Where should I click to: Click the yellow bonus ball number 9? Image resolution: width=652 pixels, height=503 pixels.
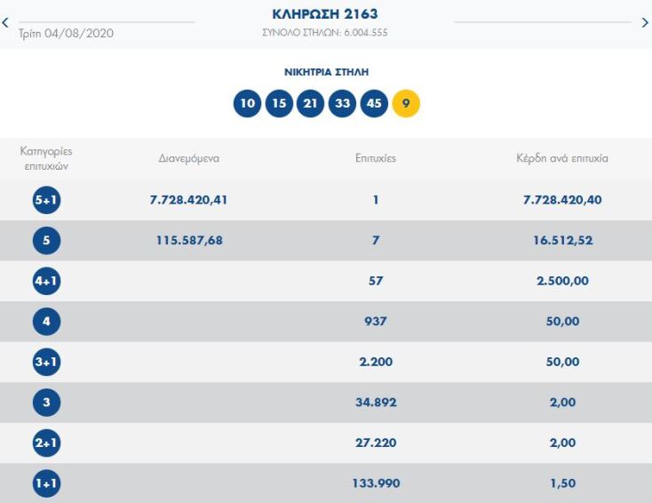point(406,103)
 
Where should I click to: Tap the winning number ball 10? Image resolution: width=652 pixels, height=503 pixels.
point(248,103)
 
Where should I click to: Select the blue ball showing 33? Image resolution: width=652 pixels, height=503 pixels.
point(342,103)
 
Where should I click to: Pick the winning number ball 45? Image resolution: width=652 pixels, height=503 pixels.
point(374,103)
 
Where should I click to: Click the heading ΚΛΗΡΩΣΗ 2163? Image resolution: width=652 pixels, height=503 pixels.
point(325,15)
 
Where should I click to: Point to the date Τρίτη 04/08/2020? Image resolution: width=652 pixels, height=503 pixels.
point(66,33)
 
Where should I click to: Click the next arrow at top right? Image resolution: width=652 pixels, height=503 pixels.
point(645,23)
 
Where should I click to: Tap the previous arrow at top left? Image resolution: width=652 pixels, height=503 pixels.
point(5,23)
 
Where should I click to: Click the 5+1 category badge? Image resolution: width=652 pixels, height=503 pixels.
point(46,200)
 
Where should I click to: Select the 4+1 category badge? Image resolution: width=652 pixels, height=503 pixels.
point(46,281)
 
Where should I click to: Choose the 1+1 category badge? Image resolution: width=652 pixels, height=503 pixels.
point(46,483)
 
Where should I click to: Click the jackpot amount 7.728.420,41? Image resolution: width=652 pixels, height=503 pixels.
point(189,200)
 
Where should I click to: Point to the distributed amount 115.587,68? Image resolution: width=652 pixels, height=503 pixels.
point(189,240)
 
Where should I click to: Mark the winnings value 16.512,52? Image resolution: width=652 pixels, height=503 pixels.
point(562,240)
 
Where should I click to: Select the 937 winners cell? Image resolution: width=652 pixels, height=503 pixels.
point(376,322)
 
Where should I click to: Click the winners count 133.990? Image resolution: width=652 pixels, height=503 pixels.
point(376,483)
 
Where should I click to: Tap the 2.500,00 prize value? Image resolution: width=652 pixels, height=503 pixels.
point(562,281)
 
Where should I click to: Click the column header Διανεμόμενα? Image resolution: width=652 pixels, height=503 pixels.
point(188,158)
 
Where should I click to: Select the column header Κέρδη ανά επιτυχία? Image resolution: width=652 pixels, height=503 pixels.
point(562,158)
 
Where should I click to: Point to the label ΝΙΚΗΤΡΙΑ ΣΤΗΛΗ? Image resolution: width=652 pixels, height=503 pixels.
point(326,71)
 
